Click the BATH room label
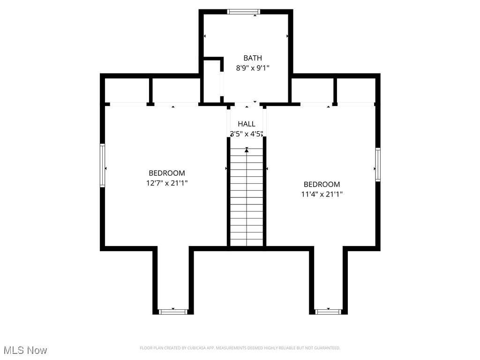point(252,58)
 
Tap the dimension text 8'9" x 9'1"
point(252,68)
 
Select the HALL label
point(247,124)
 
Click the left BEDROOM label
point(167,173)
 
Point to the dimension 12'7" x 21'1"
point(167,183)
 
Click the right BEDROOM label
point(322,184)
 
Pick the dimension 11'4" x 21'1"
point(322,194)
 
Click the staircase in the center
point(247,197)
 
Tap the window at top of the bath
point(243,12)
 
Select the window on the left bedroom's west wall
point(102,165)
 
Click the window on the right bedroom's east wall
point(377,165)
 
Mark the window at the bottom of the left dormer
point(173,312)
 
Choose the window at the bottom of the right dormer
point(328,312)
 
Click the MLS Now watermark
point(25,350)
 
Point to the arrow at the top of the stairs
point(247,150)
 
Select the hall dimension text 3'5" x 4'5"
point(247,134)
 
